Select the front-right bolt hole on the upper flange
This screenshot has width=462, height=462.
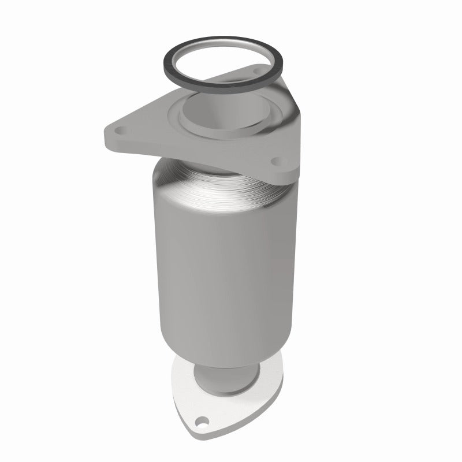pyautogui.click(x=275, y=161)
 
